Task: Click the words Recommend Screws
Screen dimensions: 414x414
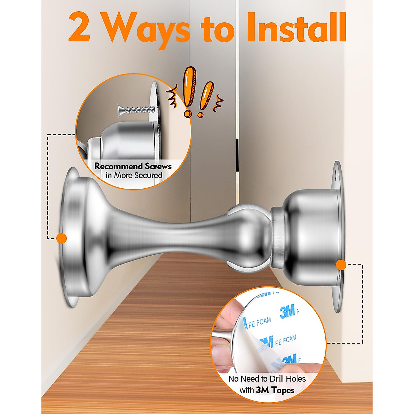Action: point(133,166)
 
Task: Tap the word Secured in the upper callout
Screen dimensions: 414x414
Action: point(148,175)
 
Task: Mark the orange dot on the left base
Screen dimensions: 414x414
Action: point(61,238)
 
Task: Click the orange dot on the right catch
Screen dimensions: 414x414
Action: point(341,265)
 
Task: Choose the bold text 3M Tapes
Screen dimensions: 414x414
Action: point(275,390)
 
